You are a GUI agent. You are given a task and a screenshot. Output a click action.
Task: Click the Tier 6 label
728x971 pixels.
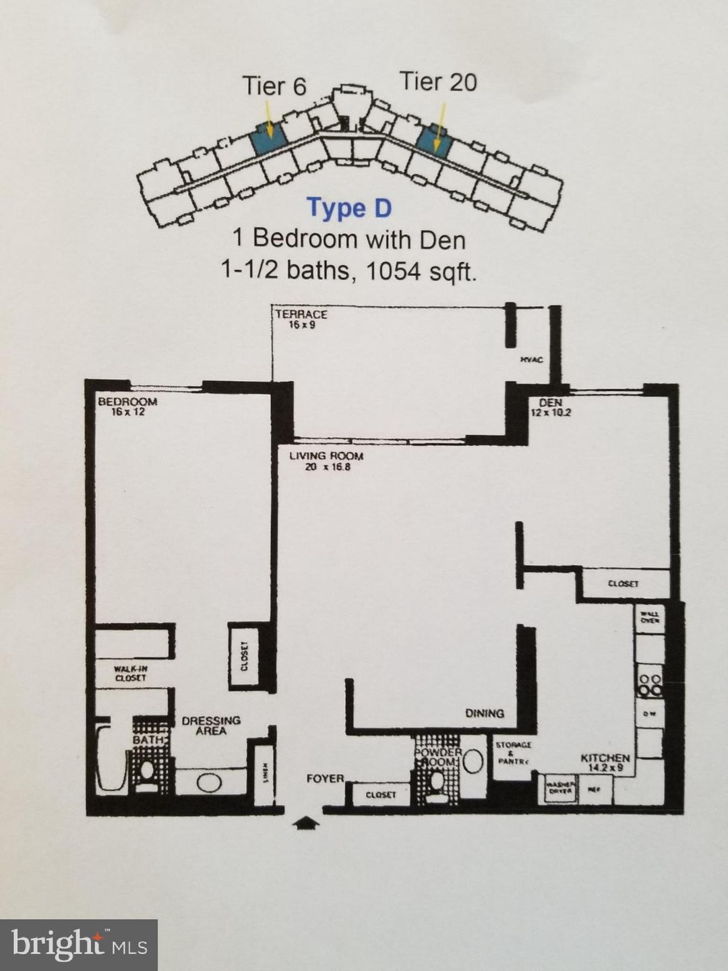[274, 86]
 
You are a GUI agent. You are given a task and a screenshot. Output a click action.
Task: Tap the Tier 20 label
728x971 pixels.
[438, 82]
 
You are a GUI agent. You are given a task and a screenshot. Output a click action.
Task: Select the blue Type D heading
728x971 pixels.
[348, 208]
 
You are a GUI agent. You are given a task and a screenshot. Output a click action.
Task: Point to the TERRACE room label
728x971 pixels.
[301, 314]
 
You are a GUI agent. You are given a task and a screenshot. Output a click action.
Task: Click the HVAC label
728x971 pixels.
[531, 360]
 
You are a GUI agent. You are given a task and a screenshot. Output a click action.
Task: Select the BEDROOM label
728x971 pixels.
[127, 403]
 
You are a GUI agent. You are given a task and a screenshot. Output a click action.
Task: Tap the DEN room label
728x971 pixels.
[550, 403]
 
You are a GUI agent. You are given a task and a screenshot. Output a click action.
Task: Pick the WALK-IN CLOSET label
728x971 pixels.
[130, 674]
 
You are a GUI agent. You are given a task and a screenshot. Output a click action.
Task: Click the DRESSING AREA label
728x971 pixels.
[211, 726]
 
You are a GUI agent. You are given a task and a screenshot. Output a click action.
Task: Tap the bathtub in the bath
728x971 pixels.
[111, 759]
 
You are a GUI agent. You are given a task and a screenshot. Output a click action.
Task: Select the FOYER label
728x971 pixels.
[325, 778]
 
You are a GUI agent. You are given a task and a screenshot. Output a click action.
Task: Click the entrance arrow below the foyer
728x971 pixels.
[305, 823]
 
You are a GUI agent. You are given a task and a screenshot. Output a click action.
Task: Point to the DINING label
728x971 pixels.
[484, 713]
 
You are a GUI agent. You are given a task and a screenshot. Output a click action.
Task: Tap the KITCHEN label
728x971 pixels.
[605, 759]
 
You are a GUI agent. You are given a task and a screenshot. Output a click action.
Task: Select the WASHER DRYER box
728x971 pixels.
[560, 788]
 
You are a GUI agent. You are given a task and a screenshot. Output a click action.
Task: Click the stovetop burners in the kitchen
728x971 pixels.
[650, 684]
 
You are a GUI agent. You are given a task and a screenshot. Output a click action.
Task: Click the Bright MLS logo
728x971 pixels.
[79, 944]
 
